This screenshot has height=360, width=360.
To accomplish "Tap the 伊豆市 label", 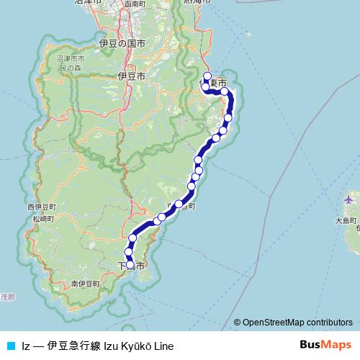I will point(131,76).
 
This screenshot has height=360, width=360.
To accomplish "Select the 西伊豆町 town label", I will point(41,207).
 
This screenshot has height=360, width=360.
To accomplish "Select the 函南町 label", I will point(136,4).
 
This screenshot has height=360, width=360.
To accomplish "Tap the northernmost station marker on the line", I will point(207,76).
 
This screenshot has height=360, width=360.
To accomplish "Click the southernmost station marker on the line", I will point(130,265).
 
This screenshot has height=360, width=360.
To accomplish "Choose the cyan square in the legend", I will point(10,346).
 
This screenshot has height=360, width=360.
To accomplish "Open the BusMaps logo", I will point(326,345).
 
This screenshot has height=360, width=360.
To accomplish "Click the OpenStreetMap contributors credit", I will point(297,322).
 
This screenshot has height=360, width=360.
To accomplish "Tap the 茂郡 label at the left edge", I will point(6,296).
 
